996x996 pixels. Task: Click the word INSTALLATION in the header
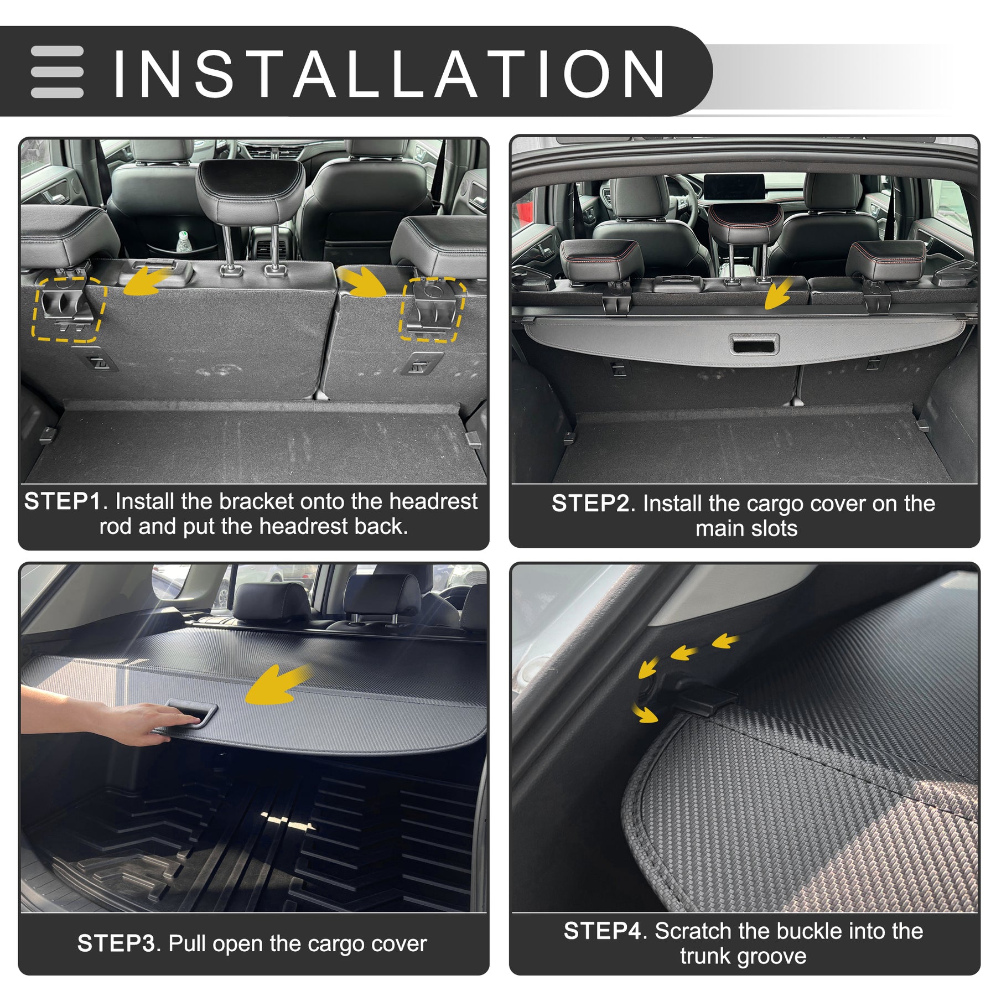pos(389,74)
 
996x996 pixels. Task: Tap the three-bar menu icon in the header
pos(58,72)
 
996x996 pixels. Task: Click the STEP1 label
pos(63,501)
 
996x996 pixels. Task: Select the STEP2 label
pos(590,504)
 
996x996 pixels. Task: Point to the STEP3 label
pos(116,943)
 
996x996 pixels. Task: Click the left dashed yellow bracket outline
pos(68,309)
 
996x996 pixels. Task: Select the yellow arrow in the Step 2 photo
pos(777,293)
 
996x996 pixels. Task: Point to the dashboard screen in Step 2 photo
pos(734,189)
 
